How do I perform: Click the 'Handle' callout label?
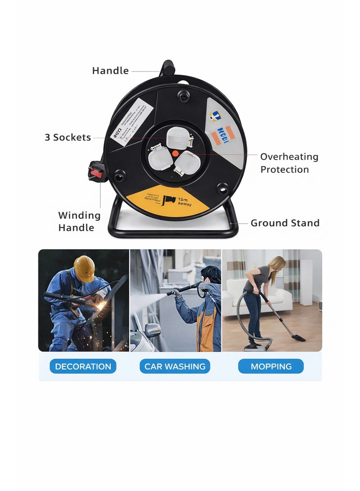coord(110,71)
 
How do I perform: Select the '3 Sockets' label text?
coord(67,138)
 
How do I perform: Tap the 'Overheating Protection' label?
coord(289,163)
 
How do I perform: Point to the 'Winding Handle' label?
coord(79,221)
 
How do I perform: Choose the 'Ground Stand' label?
coord(285,223)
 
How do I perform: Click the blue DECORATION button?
coord(83,366)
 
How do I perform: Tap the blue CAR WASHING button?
coord(175,366)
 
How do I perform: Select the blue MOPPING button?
coord(271,366)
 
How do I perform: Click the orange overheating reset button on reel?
coord(175,153)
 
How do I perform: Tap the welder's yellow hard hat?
coord(84,268)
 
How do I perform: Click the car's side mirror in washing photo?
coord(153,330)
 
